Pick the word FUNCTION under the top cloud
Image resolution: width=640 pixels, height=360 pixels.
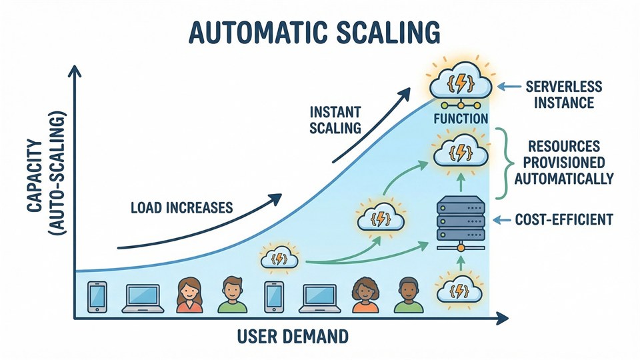coord(461,119)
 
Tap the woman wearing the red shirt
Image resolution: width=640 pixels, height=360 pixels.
coord(189,295)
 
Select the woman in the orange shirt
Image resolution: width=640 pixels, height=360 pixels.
coord(363,295)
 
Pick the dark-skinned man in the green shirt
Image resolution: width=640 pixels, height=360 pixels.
coord(408,295)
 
